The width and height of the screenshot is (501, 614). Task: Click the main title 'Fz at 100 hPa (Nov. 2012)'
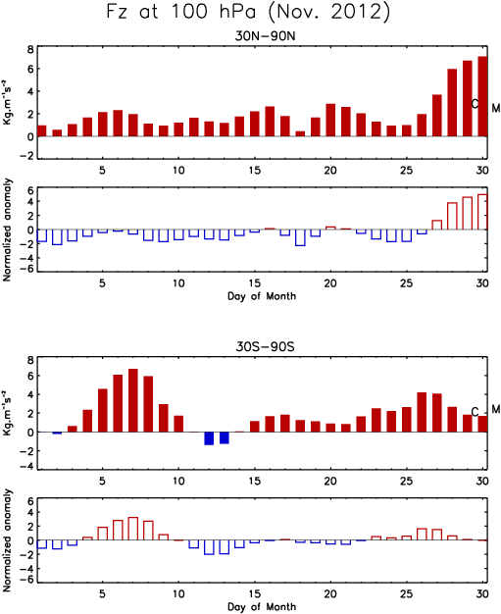[248, 12]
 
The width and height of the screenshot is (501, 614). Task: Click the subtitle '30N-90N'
[265, 36]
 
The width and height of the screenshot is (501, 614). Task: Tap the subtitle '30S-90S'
[265, 347]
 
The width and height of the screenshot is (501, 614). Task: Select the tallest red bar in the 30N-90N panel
[482, 96]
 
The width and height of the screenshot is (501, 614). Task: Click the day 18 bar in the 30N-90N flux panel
[300, 134]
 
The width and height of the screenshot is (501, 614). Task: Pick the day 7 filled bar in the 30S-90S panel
[133, 400]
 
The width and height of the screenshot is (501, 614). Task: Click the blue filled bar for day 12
[209, 438]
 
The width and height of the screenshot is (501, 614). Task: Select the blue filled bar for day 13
[225, 437]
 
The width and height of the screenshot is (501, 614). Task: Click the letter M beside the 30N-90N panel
[496, 108]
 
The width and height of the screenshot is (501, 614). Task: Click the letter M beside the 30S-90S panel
[496, 409]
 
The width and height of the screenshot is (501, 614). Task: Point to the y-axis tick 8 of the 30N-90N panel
[30, 50]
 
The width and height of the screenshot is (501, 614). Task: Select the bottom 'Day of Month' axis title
[262, 607]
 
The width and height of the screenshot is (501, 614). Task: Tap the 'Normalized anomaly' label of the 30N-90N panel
[7, 230]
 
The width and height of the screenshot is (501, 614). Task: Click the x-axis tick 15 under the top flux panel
[255, 171]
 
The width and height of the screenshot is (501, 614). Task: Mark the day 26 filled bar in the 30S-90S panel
[422, 412]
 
